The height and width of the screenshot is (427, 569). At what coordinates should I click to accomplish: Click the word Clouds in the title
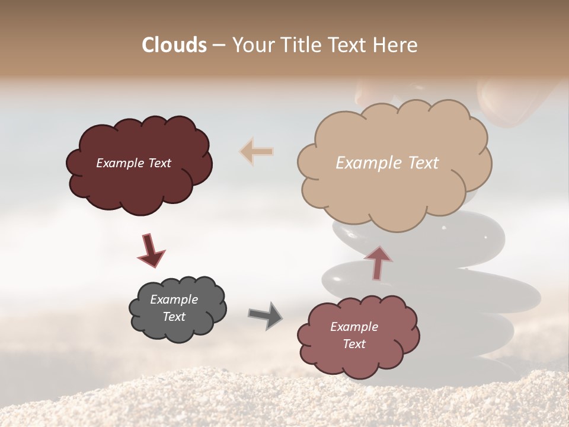(x=174, y=45)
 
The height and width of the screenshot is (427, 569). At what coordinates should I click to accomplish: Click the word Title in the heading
(x=300, y=45)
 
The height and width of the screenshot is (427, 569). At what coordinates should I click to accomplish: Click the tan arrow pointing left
(x=257, y=151)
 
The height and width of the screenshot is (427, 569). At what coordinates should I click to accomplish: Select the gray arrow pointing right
(x=265, y=315)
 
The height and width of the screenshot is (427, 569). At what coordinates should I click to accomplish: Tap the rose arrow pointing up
(x=378, y=262)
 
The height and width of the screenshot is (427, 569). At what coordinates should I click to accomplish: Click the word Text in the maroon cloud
(x=159, y=163)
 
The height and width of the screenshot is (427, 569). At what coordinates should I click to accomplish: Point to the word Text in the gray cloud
(x=174, y=317)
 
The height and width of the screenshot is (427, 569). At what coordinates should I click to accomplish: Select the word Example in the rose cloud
(x=354, y=327)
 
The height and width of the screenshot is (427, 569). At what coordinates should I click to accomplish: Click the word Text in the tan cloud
(x=423, y=163)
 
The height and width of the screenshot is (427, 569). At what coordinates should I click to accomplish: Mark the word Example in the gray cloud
(x=174, y=299)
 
